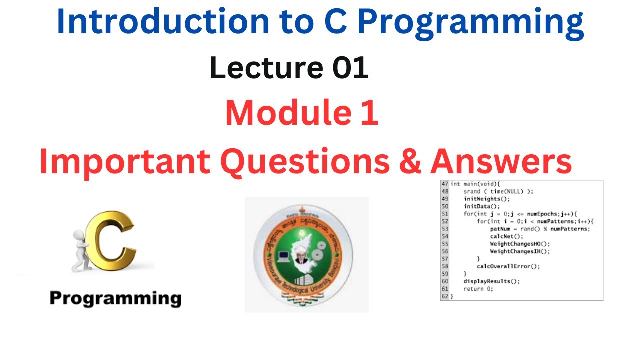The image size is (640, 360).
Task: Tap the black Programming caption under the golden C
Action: (x=115, y=298)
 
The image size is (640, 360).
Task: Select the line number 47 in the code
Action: (x=444, y=184)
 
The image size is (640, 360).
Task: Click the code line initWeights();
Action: (x=479, y=199)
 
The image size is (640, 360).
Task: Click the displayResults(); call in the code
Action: (x=491, y=281)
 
